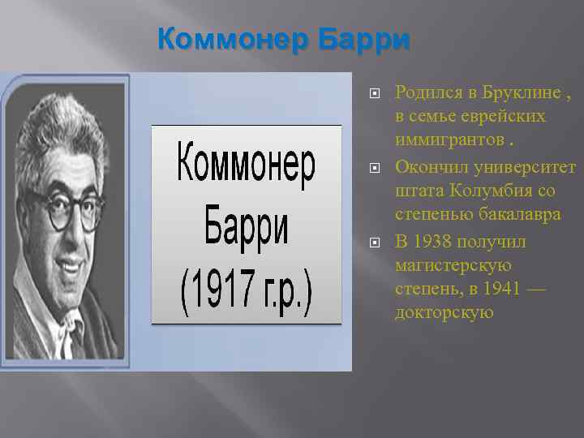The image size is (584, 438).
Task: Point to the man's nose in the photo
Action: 70,231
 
